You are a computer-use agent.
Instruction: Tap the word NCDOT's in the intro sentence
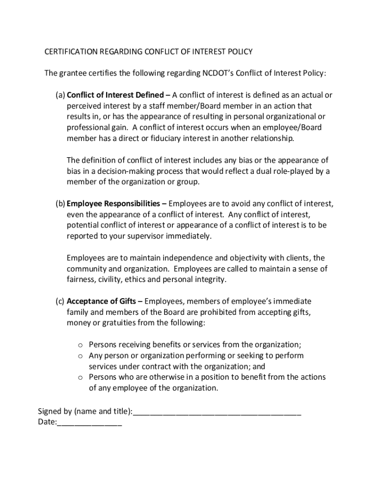(x=218, y=73)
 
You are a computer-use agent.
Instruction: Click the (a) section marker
(x=60, y=95)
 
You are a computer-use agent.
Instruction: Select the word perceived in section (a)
(x=83, y=106)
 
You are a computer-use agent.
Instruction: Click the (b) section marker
(x=60, y=203)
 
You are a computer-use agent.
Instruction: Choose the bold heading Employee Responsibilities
(x=113, y=203)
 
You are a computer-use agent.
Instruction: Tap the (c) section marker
(x=60, y=301)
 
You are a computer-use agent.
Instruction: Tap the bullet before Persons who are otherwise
(x=80, y=378)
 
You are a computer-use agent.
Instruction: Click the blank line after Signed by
(x=217, y=412)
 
